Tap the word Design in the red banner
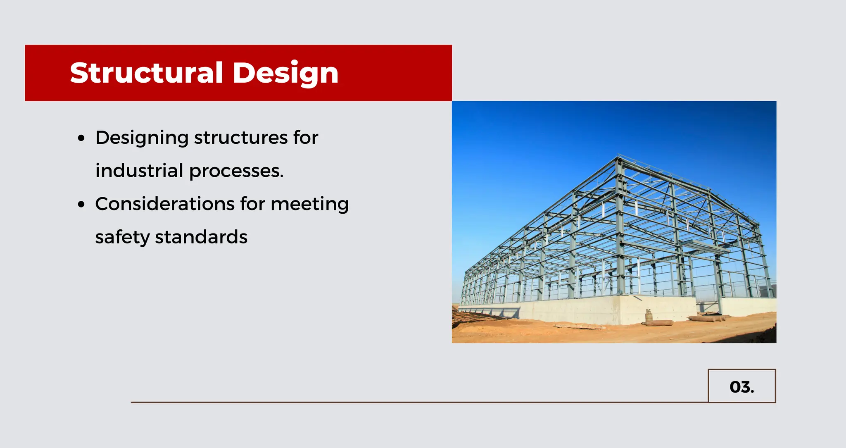point(285,73)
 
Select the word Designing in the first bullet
point(142,138)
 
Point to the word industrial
point(139,171)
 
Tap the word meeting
point(309,205)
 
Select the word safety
point(122,238)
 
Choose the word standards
point(201,237)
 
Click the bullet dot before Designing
point(81,138)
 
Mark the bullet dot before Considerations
point(81,204)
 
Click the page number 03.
point(741,387)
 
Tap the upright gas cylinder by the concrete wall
point(649,317)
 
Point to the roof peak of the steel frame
point(618,157)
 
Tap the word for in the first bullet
point(306,138)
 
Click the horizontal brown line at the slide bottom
point(413,402)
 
